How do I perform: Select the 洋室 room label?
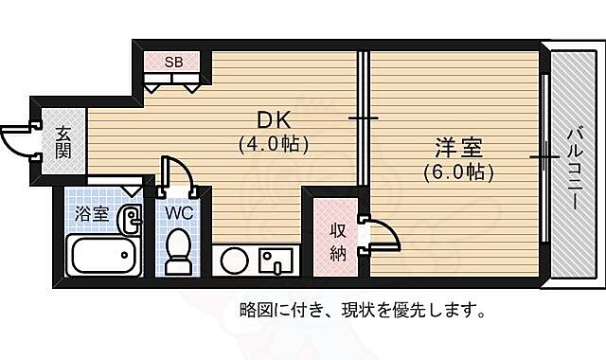[x=459, y=149]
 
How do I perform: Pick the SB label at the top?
[x=173, y=63]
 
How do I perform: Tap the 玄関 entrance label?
[x=62, y=142]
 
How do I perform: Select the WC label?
[x=179, y=213]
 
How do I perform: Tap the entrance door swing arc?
[x=15, y=141]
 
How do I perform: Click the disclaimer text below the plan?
[x=364, y=310]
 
